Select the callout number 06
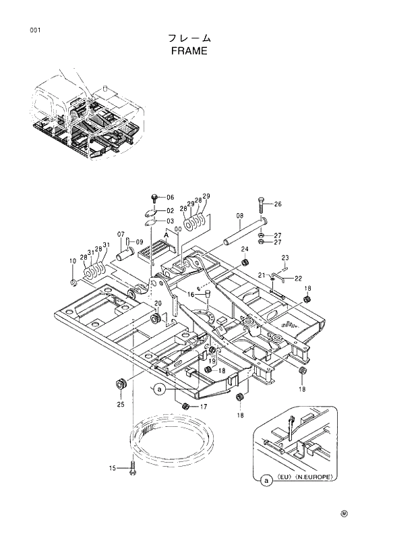click(170, 197)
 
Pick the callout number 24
click(245, 250)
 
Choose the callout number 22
click(298, 279)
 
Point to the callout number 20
click(158, 303)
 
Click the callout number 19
click(211, 361)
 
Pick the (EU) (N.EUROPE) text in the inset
click(306, 477)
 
